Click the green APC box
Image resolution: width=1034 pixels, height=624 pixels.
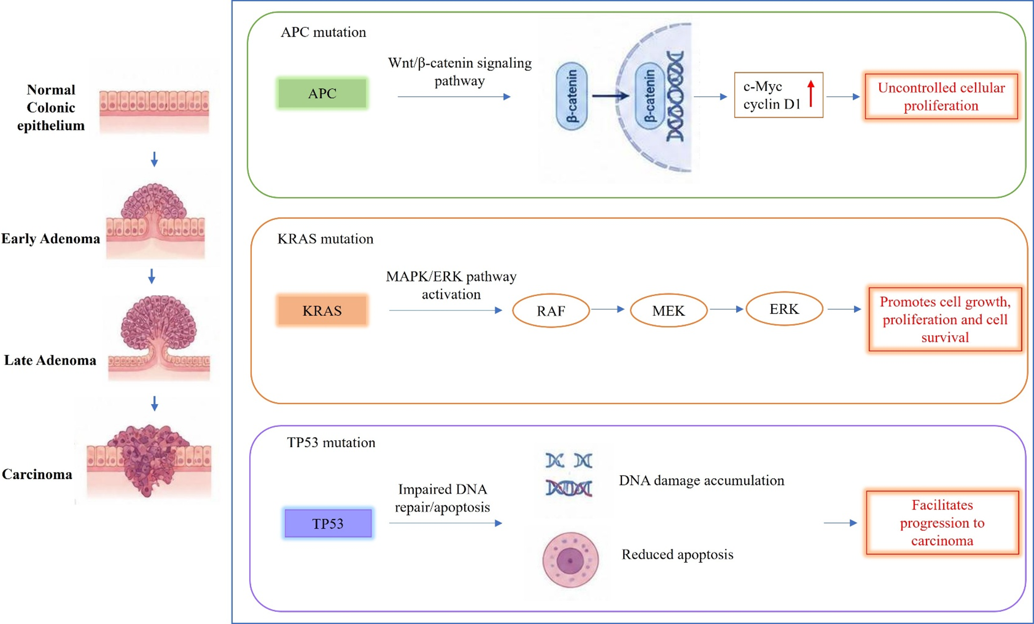(322, 93)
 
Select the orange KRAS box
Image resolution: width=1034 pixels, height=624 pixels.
(322, 311)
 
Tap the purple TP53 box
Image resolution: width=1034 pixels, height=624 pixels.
(328, 524)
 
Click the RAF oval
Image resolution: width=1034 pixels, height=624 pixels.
(551, 311)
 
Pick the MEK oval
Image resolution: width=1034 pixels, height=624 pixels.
(668, 311)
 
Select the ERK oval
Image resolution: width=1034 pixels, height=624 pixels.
(784, 309)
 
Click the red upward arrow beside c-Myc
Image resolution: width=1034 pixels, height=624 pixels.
(811, 93)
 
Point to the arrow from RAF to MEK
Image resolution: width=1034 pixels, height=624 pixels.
(607, 309)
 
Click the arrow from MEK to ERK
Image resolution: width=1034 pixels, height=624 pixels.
(727, 309)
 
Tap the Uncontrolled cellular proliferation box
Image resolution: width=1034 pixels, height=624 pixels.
(941, 96)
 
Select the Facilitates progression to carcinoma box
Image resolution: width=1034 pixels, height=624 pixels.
(942, 523)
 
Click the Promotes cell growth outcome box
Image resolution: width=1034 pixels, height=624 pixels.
(945, 319)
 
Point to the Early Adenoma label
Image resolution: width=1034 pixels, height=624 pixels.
(51, 239)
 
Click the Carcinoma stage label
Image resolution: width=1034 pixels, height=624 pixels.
(37, 474)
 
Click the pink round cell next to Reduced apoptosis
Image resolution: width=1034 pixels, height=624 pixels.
(570, 560)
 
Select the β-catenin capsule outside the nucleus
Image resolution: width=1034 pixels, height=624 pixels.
(572, 96)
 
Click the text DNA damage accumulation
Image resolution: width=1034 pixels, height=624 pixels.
(701, 480)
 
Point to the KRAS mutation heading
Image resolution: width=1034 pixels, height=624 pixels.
(325, 239)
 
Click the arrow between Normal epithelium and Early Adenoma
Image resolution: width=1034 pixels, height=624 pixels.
(154, 159)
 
